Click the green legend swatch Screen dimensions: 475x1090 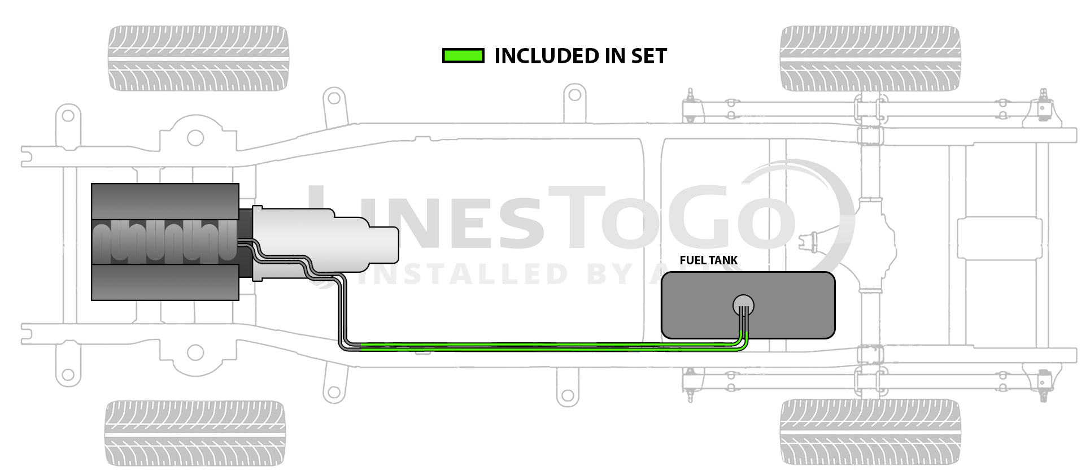[463, 56]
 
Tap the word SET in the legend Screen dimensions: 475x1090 [649, 56]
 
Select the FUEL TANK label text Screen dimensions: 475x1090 [708, 260]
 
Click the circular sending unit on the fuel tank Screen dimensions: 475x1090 [743, 305]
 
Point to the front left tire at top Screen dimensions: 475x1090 [198, 58]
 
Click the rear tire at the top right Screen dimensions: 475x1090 [870, 58]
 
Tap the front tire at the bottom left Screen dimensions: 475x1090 [195, 433]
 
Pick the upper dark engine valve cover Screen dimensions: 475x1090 [165, 201]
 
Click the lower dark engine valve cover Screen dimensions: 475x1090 [165, 282]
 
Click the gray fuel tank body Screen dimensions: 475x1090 [791, 305]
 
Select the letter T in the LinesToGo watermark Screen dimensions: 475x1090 [576, 217]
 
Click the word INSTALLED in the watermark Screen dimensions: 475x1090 [463, 274]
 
